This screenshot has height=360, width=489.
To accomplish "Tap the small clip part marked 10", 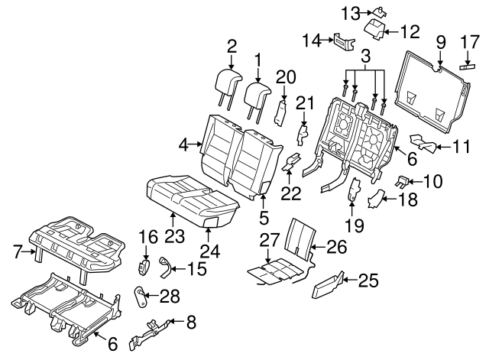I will click(400, 181).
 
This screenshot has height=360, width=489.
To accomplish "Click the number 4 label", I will click(183, 143).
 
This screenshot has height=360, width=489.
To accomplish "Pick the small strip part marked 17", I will click(467, 66).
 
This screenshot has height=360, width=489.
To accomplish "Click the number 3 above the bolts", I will click(365, 56).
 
